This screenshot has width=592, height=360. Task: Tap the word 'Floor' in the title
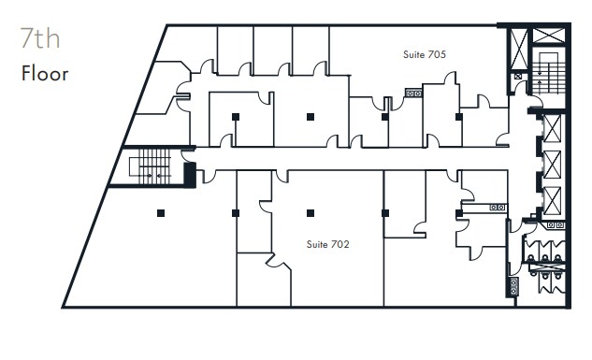(x=45, y=73)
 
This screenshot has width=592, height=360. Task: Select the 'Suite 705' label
(x=424, y=54)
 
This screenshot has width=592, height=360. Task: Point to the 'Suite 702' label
(x=328, y=244)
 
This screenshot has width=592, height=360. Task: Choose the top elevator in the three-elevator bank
(x=552, y=127)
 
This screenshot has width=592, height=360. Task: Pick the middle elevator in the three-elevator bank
(x=552, y=165)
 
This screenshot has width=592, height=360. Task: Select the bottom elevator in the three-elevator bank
(x=552, y=201)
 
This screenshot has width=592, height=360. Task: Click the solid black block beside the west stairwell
(x=190, y=174)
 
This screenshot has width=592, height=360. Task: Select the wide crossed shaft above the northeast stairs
(x=549, y=36)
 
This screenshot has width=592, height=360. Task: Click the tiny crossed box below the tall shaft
(x=518, y=76)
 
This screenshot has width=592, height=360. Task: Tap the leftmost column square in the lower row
(x=161, y=213)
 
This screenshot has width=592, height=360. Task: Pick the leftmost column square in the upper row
(x=235, y=117)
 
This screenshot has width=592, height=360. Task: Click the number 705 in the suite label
(x=436, y=54)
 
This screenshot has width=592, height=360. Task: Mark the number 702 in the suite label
(x=340, y=244)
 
